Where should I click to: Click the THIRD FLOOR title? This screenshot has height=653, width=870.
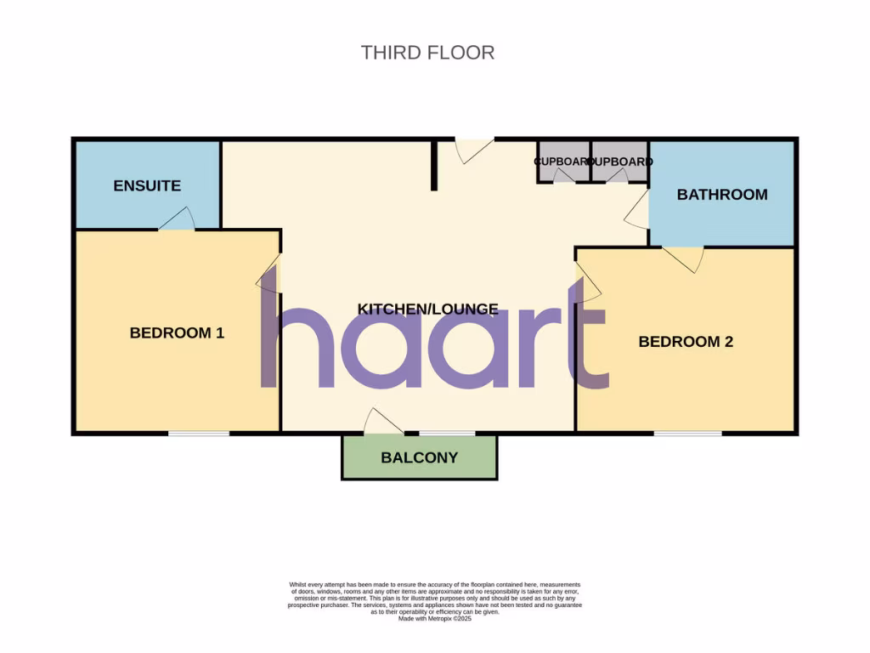[x=427, y=52]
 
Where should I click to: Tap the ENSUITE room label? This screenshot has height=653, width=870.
[x=147, y=185]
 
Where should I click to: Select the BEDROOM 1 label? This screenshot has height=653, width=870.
[x=177, y=332]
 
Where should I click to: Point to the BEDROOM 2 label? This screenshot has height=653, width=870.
[x=686, y=342]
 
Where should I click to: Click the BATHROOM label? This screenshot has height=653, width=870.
[x=722, y=194]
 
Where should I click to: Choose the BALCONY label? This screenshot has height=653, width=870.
[x=419, y=457]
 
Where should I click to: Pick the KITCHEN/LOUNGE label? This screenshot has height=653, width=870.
[x=427, y=309]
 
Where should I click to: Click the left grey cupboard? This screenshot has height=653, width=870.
[x=563, y=162]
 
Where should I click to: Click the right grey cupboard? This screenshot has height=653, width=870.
[x=620, y=162]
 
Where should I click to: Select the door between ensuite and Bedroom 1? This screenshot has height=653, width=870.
[x=176, y=220]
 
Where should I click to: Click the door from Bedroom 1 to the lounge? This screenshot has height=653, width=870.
[x=268, y=274]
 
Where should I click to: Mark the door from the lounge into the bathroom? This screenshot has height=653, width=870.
[x=637, y=208]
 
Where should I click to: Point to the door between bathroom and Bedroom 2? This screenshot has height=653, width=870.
[x=684, y=257]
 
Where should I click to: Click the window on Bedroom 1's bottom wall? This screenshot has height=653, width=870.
[x=198, y=434]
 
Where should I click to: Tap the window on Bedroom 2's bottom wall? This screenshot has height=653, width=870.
[x=687, y=434]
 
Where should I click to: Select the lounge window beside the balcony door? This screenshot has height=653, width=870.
[x=446, y=434]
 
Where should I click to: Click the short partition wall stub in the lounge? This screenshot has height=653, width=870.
[x=434, y=165]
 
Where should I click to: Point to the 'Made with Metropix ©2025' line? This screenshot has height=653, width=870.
[x=434, y=619]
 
